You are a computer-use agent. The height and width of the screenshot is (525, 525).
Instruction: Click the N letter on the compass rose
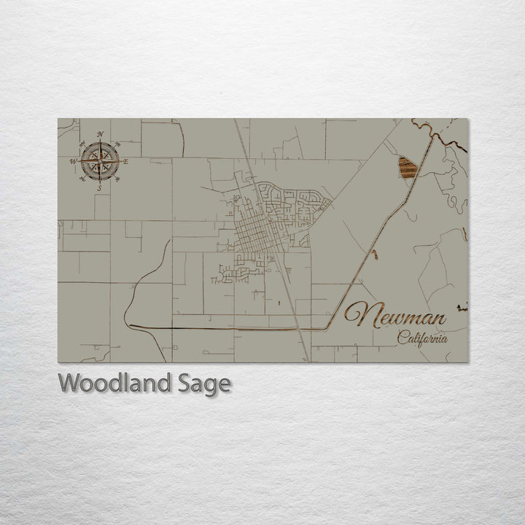(x=100, y=133)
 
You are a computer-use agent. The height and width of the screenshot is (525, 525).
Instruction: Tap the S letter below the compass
(x=100, y=188)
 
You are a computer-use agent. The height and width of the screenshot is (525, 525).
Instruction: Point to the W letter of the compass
(x=73, y=161)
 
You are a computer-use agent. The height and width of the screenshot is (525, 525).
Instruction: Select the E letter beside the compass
(x=125, y=161)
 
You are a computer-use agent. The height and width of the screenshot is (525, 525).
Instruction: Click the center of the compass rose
(x=100, y=161)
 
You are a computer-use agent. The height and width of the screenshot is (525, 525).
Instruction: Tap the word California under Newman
(x=422, y=338)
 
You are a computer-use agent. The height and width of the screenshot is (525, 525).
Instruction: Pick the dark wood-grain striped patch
(x=408, y=168)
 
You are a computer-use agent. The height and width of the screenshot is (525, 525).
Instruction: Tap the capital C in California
(x=402, y=336)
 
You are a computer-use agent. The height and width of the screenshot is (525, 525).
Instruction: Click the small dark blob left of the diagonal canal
(x=374, y=254)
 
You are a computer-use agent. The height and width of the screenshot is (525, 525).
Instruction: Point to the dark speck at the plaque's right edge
(x=462, y=308)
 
